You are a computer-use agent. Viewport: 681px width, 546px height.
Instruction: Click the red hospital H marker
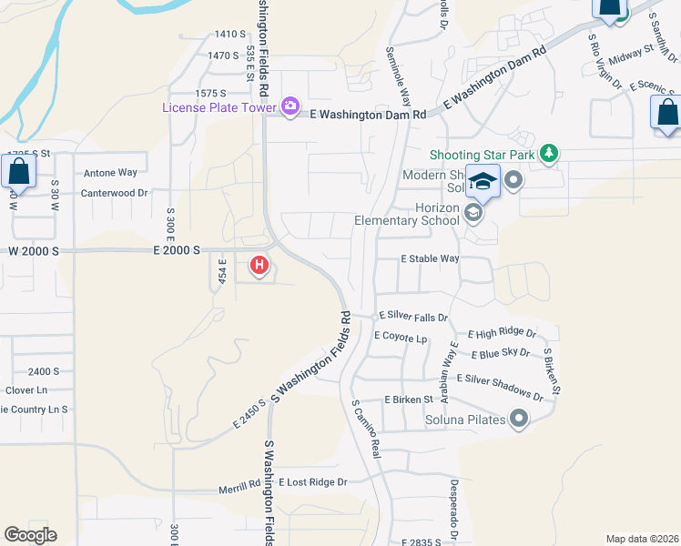(259, 266)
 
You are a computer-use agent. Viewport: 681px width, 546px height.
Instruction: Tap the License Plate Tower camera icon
(290, 107)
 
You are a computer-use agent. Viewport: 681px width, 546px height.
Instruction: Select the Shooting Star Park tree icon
(548, 153)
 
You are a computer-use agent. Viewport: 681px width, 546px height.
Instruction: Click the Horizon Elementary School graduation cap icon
(473, 213)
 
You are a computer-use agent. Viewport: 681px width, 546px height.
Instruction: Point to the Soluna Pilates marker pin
(519, 420)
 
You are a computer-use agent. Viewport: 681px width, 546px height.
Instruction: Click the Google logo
(30, 535)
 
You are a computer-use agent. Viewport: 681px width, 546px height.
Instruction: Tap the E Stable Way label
(431, 258)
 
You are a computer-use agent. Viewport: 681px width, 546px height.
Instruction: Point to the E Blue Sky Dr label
(501, 354)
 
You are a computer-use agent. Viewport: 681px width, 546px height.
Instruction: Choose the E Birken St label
(413, 399)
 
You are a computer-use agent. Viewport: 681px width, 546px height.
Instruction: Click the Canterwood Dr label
(114, 193)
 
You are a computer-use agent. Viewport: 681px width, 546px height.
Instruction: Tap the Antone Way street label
(110, 172)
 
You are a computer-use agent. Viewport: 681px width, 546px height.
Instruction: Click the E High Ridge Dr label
(502, 334)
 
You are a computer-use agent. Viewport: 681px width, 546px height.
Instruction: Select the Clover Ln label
(25, 390)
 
